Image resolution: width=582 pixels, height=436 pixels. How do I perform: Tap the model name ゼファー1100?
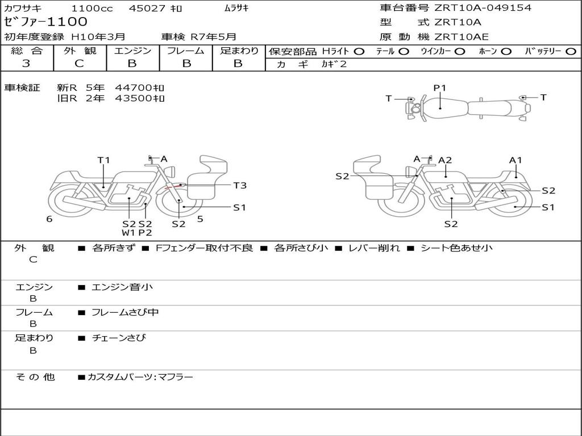(46, 22)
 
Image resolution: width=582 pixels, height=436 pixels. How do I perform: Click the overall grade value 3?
(26, 64)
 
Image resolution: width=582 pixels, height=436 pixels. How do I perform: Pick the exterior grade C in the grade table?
(79, 64)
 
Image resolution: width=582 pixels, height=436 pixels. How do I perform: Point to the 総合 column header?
(26, 51)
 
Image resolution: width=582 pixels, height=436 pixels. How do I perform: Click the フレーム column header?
(186, 51)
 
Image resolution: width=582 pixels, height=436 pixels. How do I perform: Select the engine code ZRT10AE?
(461, 37)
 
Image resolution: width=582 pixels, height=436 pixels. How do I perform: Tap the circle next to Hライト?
(359, 52)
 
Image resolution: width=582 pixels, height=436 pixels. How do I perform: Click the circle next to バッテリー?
(570, 52)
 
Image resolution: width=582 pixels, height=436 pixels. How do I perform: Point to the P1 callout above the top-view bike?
(440, 88)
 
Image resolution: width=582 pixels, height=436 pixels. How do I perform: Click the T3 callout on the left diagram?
(240, 185)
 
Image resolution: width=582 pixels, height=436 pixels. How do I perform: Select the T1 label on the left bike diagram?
(103, 160)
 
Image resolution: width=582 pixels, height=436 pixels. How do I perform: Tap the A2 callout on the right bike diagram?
(445, 160)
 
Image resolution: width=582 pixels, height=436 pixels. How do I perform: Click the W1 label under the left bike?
(128, 233)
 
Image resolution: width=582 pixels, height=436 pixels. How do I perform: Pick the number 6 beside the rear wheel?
(49, 219)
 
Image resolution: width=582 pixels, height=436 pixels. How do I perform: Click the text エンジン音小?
(122, 287)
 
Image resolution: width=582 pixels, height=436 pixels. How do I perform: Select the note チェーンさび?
(119, 338)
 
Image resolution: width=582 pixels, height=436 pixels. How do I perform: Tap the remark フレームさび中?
(125, 312)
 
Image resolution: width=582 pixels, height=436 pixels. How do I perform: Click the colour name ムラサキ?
(236, 9)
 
